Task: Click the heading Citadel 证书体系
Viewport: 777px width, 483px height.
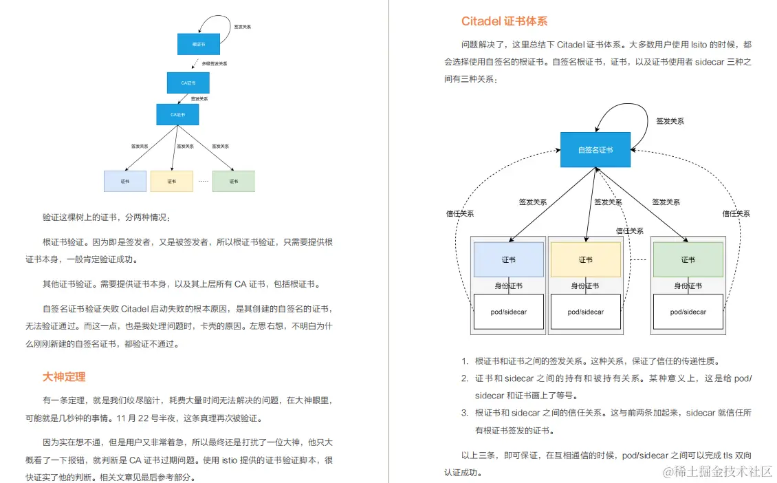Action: click(x=504, y=21)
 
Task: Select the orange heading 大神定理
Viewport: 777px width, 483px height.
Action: click(x=64, y=376)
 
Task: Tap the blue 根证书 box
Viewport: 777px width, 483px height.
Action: click(x=198, y=44)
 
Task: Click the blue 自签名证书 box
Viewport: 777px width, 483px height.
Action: click(x=595, y=149)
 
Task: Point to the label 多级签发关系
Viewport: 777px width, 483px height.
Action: click(x=214, y=63)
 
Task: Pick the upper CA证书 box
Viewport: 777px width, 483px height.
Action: click(x=188, y=83)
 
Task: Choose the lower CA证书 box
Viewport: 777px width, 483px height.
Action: click(x=177, y=114)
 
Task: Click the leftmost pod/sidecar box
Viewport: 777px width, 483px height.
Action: click(x=509, y=312)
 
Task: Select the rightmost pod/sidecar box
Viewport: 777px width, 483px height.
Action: click(x=688, y=312)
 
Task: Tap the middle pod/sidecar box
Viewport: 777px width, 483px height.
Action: click(x=585, y=312)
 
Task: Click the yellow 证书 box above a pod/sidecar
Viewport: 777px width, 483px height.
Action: click(x=585, y=259)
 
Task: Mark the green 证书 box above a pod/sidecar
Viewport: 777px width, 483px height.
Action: click(x=688, y=259)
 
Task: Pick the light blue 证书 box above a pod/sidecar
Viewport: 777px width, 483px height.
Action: click(x=509, y=259)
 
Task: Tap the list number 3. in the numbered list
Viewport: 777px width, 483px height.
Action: click(x=465, y=413)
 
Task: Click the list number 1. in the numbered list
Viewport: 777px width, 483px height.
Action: click(x=465, y=361)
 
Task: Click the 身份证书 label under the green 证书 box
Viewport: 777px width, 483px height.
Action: click(x=688, y=286)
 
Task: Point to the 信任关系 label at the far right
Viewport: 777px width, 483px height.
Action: click(x=736, y=214)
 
